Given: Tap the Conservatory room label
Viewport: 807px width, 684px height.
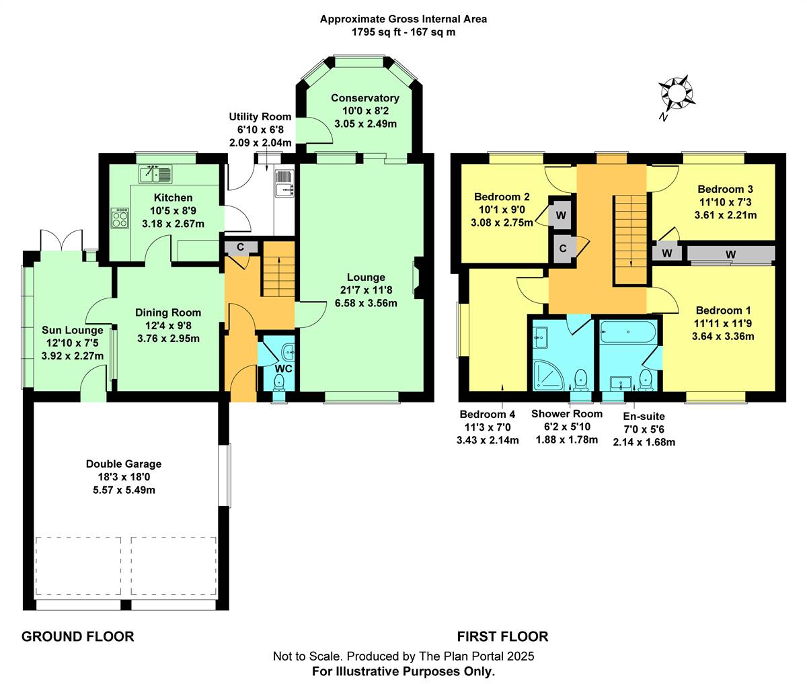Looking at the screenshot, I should [x=365, y=98].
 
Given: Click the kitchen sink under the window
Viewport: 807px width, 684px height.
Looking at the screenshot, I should [x=156, y=174].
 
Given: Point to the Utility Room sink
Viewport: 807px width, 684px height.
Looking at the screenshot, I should [x=284, y=183].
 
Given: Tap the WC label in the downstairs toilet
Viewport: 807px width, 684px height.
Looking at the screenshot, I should [x=283, y=369].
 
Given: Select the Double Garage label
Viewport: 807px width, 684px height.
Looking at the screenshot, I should [x=124, y=464].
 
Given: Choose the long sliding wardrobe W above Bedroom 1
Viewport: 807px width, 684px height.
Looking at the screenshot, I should [x=730, y=253].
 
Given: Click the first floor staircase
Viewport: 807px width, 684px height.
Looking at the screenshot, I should [x=630, y=239].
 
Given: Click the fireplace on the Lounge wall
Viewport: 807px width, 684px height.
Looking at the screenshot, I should [x=418, y=277].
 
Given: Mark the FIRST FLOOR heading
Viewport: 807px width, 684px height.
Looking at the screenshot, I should [x=502, y=636].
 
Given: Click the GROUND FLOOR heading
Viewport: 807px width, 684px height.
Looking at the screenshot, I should [x=78, y=636].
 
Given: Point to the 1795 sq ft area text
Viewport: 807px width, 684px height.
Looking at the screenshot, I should [x=403, y=32].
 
